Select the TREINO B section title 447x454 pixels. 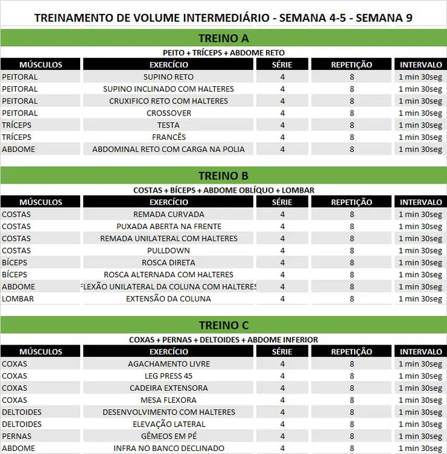[223, 176]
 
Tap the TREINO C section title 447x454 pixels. [223, 326]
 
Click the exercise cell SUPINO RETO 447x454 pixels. [169, 77]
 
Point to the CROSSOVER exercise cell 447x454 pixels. [169, 113]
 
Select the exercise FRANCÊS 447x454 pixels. [169, 137]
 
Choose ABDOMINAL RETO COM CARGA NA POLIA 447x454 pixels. [169, 150]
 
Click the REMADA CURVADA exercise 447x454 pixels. [169, 215]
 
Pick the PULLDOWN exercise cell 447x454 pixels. [169, 250]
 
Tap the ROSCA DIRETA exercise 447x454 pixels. [169, 263]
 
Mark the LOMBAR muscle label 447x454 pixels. [18, 299]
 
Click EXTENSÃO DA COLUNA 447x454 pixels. [169, 299]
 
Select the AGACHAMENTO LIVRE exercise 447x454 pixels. [169, 364]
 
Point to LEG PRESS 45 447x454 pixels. [169, 376]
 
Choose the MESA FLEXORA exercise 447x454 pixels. [169, 401]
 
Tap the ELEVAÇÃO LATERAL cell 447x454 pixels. [169, 424]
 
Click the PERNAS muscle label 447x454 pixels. [17, 436]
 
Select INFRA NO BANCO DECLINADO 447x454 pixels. [169, 449]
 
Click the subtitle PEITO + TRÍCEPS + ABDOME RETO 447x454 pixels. [223, 53]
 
